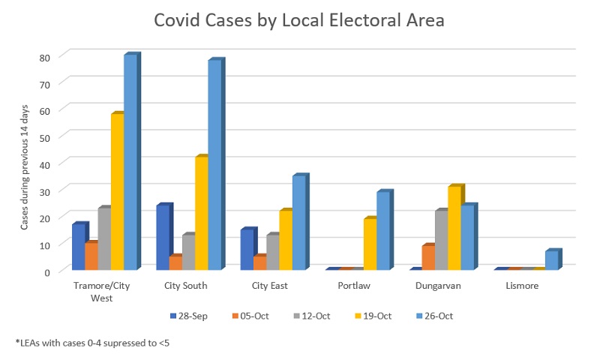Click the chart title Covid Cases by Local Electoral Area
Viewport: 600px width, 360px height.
point(299,20)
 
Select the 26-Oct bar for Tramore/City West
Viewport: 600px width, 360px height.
point(130,162)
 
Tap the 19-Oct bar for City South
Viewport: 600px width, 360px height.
point(201,213)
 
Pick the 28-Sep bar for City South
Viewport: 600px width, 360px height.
point(163,237)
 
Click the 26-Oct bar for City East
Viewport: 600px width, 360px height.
point(298,222)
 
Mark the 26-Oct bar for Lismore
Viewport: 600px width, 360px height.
point(551,259)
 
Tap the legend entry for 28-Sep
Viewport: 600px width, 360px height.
point(188,316)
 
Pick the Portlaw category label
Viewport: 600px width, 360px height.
point(353,286)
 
